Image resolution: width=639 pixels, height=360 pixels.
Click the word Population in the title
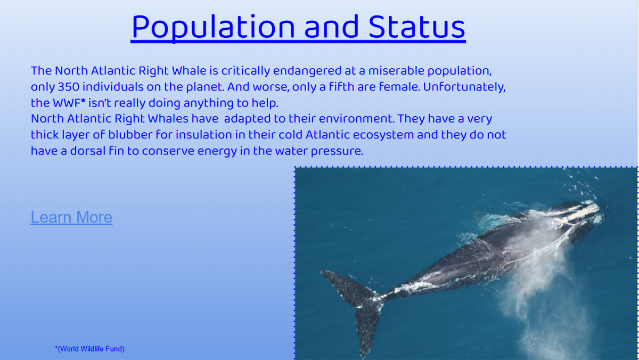click(x=213, y=28)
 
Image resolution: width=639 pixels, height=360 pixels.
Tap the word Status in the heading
click(x=417, y=27)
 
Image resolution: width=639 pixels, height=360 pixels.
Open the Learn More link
click(x=71, y=217)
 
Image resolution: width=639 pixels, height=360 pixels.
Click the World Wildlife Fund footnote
click(x=89, y=349)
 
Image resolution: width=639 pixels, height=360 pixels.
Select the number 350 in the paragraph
click(x=69, y=87)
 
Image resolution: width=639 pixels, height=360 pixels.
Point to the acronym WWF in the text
click(x=67, y=103)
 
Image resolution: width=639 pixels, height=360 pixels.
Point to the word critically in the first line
click(x=245, y=71)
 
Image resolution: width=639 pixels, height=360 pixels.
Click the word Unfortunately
click(x=464, y=87)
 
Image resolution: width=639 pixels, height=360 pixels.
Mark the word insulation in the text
click(x=203, y=135)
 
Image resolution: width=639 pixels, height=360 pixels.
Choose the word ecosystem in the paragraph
click(x=383, y=135)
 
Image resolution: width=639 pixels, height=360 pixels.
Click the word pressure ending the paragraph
click(x=337, y=151)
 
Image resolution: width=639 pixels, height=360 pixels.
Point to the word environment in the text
click(x=357, y=119)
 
